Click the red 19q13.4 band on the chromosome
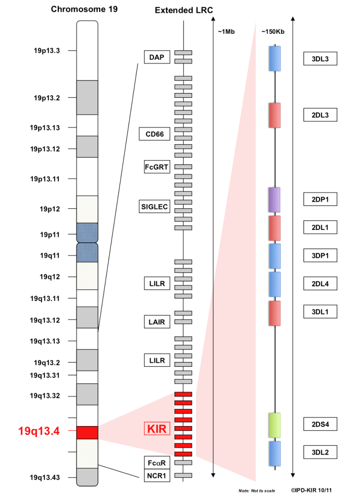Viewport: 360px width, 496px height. (x=87, y=432)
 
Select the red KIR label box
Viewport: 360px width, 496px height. (x=157, y=429)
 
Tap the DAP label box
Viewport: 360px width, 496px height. (x=157, y=57)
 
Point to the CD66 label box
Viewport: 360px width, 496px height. (x=154, y=134)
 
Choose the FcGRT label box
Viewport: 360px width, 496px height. (x=157, y=167)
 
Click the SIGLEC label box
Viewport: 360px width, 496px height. (x=154, y=206)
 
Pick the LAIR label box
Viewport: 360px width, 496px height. (x=157, y=322)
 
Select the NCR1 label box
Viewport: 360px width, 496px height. (x=157, y=475)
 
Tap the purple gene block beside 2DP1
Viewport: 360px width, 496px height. (x=274, y=200)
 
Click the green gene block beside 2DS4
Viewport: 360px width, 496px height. (x=275, y=425)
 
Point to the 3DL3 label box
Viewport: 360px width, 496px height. (x=320, y=58)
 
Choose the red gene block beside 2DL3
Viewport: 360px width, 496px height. (x=275, y=115)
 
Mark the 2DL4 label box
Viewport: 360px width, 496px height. (x=320, y=283)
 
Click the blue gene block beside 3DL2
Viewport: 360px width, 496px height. (x=275, y=454)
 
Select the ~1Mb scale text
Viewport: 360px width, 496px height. (x=226, y=32)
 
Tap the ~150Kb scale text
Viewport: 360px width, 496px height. (x=273, y=32)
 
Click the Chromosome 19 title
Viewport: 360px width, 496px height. (x=84, y=9)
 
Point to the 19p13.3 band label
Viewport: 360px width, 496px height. (x=47, y=51)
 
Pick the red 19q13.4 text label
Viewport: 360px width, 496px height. (x=39, y=431)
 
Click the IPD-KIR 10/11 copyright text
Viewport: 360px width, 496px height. (x=311, y=490)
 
